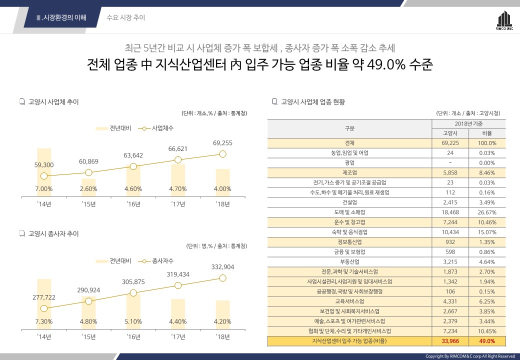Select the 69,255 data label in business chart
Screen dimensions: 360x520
(222, 143)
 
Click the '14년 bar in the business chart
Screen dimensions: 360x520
(44, 170)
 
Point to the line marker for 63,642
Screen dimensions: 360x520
(133, 166)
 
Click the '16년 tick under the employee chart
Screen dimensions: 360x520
(133, 336)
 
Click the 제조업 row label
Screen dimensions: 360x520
(349, 172)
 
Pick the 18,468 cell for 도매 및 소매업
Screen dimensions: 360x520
(450, 212)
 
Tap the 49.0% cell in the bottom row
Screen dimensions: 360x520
(487, 341)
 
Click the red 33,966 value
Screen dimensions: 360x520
(450, 341)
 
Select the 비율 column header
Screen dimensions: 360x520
(487, 133)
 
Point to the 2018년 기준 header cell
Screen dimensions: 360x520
(468, 123)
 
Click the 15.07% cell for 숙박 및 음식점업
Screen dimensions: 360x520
(487, 232)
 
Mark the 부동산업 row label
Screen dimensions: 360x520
(349, 261)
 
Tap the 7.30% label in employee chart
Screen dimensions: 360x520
(44, 321)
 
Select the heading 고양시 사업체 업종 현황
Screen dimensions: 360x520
(313, 102)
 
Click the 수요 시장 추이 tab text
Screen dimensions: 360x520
(126, 17)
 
